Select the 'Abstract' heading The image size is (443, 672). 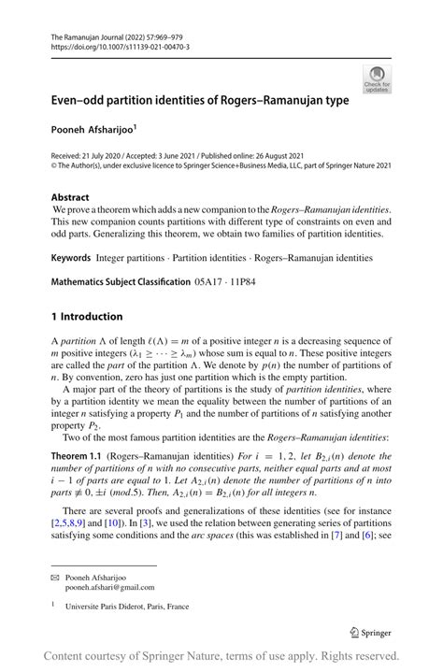pyautogui.click(x=70, y=197)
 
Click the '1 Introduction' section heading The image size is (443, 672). pyautogui.click(x=86, y=316)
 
